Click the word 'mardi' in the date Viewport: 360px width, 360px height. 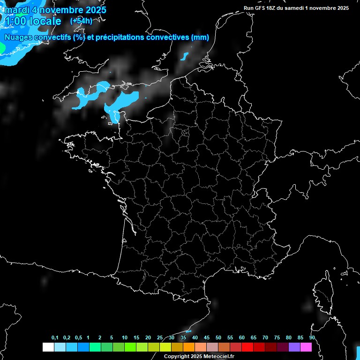click(16, 10)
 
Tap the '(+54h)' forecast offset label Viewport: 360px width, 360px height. click(81, 21)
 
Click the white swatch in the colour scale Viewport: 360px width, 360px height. click(48, 347)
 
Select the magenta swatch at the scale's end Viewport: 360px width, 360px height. click(306, 347)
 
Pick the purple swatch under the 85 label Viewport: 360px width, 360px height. click(294, 347)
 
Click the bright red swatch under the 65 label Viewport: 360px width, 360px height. click(247, 347)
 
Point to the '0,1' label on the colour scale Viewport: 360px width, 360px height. click(55, 338)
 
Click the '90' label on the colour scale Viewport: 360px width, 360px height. click(312, 338)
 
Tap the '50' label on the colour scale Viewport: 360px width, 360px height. click(218, 338)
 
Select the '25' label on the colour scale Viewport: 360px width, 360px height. click(160, 338)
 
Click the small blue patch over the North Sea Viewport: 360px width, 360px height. click(184, 57)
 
